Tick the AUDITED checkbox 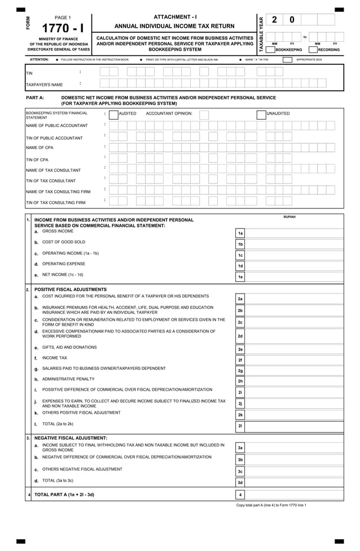point(113,115)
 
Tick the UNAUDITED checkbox point(261,115)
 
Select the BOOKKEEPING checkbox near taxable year point(270,50)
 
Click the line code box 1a point(240,233)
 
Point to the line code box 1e point(240,277)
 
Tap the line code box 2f point(240,360)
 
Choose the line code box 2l point(240,425)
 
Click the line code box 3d point(240,482)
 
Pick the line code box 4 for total point(240,495)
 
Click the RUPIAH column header point(289,217)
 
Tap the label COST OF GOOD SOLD point(63,242)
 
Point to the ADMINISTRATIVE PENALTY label point(68,379)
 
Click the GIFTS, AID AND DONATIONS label point(69,347)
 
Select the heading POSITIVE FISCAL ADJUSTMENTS point(71,290)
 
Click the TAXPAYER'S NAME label point(45,85)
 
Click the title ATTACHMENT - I point(175,17)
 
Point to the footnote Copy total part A point(271,505)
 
